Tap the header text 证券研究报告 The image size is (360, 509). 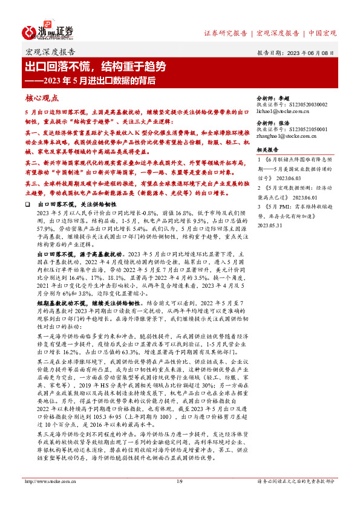pyautogui.click(x=225, y=33)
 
